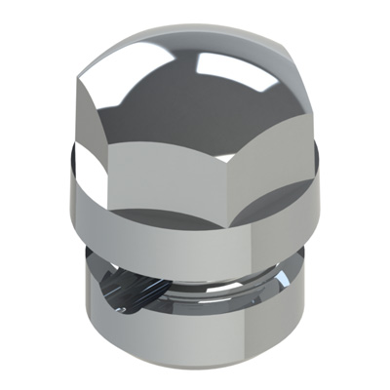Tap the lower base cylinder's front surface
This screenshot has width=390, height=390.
coord(195,336)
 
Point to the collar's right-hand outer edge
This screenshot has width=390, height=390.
coord(321,200)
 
